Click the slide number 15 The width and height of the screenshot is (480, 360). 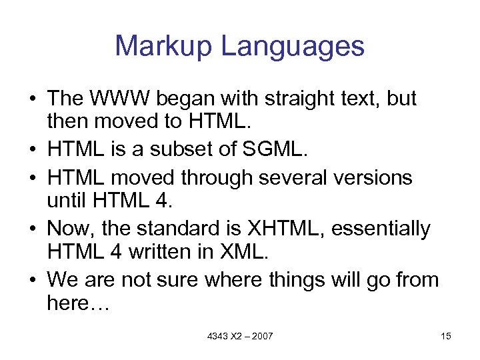coord(446,336)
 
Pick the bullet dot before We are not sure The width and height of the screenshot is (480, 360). coord(31,279)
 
